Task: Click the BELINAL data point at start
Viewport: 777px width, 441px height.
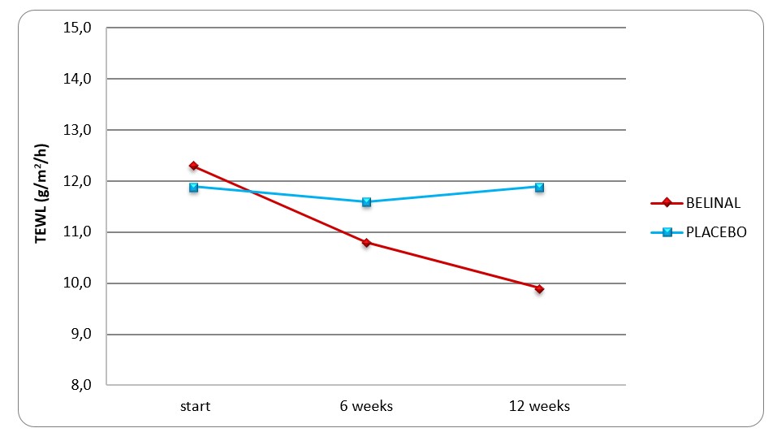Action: [x=193, y=166]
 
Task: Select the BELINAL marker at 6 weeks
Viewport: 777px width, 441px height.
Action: [x=366, y=242]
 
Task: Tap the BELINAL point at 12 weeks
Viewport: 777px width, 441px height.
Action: [x=539, y=288]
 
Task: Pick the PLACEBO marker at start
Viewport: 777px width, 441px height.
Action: [x=193, y=187]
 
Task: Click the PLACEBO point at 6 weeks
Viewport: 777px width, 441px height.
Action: [x=366, y=202]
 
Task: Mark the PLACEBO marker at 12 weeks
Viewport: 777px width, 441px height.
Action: [x=539, y=187]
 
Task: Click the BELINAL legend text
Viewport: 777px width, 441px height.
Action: [x=714, y=203]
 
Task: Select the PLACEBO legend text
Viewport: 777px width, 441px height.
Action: [x=714, y=232]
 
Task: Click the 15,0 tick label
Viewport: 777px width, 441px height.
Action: [x=77, y=28]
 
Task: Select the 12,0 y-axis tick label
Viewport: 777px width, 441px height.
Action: [x=77, y=181]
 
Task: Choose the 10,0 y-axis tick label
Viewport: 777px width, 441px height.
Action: [x=77, y=283]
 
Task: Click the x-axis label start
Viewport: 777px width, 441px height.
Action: [x=195, y=406]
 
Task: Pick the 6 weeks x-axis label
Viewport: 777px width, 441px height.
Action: [x=366, y=406]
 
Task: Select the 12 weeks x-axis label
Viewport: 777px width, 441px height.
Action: [x=539, y=406]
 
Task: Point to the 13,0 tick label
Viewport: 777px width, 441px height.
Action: [x=77, y=130]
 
